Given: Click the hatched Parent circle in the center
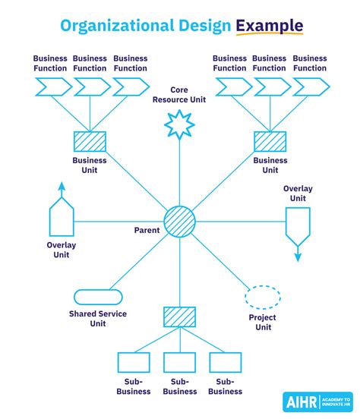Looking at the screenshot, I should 180,221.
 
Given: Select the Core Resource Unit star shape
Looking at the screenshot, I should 180,124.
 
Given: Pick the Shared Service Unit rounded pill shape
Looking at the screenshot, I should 98,297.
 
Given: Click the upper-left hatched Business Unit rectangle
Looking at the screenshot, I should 90,142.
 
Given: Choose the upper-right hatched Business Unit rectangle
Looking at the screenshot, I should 270,142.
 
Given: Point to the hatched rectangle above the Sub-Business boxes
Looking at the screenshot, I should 180,317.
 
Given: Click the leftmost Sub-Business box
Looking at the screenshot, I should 134,363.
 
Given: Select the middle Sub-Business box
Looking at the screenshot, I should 180,363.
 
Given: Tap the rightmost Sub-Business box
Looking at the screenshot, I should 226,363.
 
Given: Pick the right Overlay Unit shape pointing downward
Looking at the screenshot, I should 297,224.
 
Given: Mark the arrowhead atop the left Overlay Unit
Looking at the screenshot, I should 61,185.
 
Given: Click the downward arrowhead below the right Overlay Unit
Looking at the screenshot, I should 298,257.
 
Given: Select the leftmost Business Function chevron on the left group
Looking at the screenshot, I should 51,88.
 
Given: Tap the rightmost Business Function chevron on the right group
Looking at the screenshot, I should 311,88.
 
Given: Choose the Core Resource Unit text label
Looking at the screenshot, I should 180,94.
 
